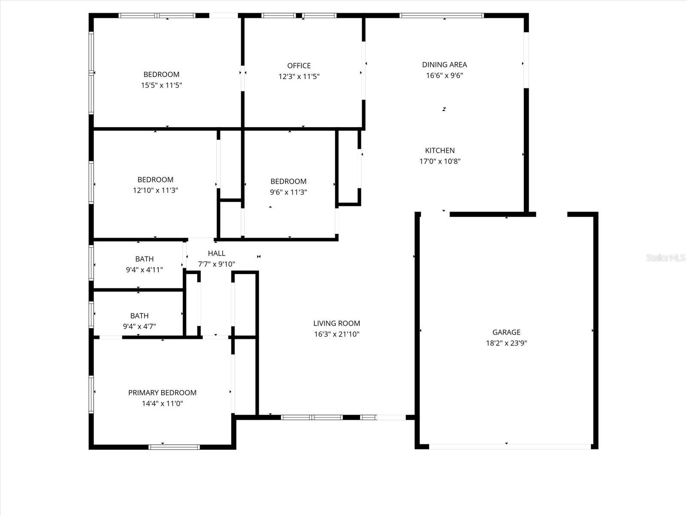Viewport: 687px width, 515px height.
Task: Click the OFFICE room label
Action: pyautogui.click(x=299, y=66)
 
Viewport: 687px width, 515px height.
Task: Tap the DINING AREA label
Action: pyautogui.click(x=444, y=65)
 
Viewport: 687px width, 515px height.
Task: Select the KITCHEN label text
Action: pyautogui.click(x=440, y=151)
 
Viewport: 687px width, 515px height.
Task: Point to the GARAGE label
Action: pyautogui.click(x=506, y=332)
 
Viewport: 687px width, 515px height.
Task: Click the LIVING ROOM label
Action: pyautogui.click(x=337, y=324)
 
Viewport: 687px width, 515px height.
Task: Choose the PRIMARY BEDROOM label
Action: pyautogui.click(x=162, y=393)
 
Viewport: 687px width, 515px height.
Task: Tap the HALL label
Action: pyautogui.click(x=216, y=254)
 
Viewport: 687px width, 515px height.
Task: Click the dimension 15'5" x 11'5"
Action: pyautogui.click(x=161, y=85)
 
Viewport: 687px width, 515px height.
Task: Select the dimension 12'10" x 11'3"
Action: pyautogui.click(x=155, y=191)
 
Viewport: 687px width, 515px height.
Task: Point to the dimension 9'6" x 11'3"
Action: pyautogui.click(x=289, y=192)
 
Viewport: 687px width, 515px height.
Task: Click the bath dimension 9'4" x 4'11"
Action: pyautogui.click(x=144, y=270)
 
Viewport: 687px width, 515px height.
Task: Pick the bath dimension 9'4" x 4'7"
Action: pyautogui.click(x=140, y=327)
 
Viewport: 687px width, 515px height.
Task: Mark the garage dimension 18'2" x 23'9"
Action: pyautogui.click(x=506, y=343)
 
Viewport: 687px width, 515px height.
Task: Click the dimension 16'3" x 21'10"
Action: pyautogui.click(x=337, y=334)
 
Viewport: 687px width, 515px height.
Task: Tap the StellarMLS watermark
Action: pyautogui.click(x=666, y=257)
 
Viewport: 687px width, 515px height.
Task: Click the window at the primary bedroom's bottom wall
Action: pyautogui.click(x=174, y=447)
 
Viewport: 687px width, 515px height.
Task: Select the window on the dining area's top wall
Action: pyautogui.click(x=442, y=16)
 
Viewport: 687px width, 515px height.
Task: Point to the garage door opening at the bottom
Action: pyautogui.click(x=510, y=447)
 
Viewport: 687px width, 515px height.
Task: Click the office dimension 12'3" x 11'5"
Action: pyautogui.click(x=299, y=77)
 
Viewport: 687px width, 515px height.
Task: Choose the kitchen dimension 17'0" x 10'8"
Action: pyautogui.click(x=440, y=161)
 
